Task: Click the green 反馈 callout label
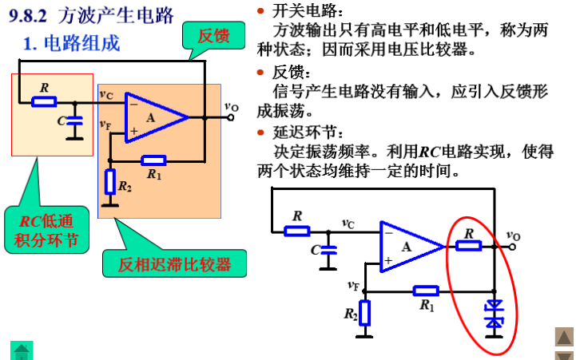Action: (x=213, y=35)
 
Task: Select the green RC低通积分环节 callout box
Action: (x=47, y=229)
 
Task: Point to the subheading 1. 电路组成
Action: (x=71, y=43)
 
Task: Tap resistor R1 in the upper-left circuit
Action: (x=153, y=160)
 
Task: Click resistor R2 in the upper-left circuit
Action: (x=110, y=181)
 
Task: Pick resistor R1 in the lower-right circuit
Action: (x=426, y=291)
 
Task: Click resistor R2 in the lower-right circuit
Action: (x=365, y=312)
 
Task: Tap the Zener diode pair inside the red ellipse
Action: (x=495, y=314)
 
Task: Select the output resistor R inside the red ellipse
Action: (x=469, y=246)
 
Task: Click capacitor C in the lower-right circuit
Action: (x=329, y=250)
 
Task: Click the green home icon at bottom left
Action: (x=21, y=350)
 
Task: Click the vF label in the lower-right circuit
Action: (x=353, y=285)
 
